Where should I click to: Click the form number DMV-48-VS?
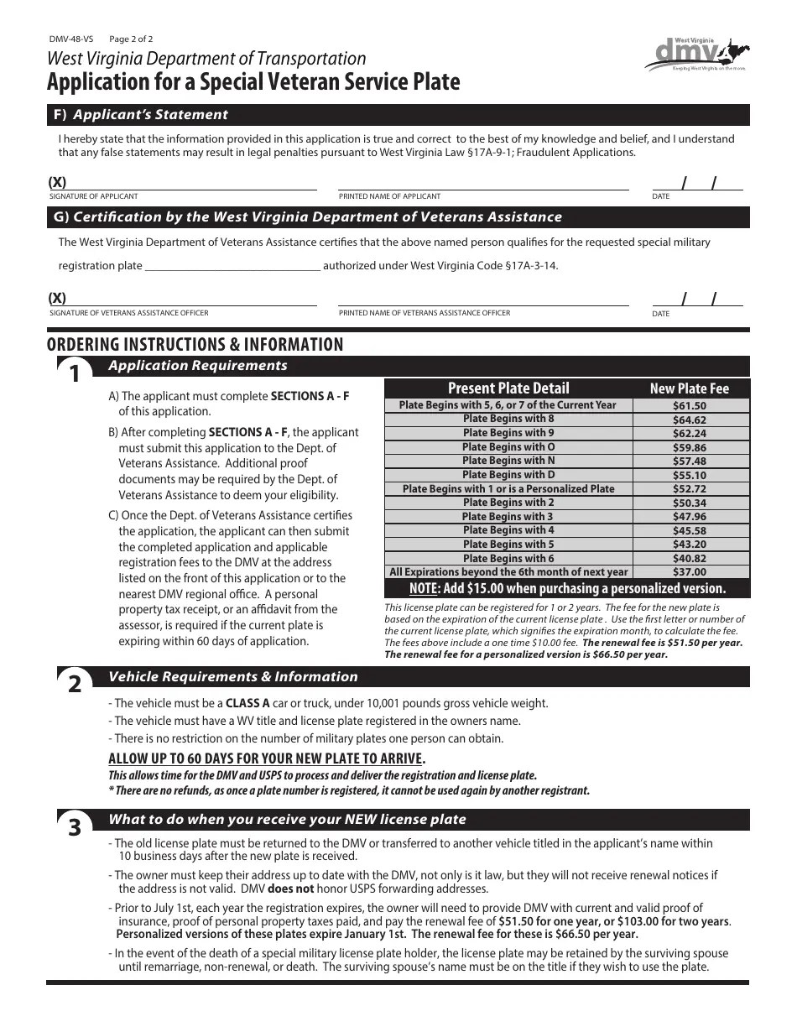(x=70, y=39)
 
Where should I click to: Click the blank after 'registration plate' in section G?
(x=232, y=266)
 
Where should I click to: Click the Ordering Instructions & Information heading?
(x=195, y=345)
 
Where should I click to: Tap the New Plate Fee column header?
(x=689, y=388)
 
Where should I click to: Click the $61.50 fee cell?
(x=689, y=405)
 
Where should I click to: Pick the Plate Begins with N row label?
(x=508, y=461)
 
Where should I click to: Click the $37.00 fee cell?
(x=689, y=571)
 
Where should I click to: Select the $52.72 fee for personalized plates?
(x=689, y=488)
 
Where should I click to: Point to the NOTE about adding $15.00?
(x=566, y=588)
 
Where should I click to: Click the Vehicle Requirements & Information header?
(x=233, y=677)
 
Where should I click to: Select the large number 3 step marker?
(x=75, y=828)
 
